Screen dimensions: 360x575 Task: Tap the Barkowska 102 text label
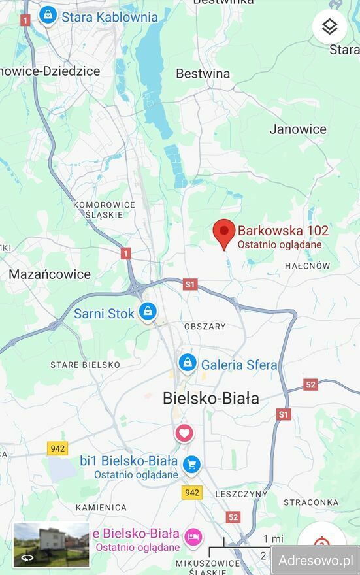(282, 231)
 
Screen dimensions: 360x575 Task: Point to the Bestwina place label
(203, 74)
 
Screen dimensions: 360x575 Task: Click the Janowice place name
(297, 129)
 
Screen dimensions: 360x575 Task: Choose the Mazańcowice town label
(49, 274)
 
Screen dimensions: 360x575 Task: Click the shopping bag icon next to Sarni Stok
(148, 312)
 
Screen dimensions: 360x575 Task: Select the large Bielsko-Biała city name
(210, 398)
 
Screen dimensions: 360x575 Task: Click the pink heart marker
(184, 433)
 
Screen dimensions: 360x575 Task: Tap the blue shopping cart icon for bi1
(191, 464)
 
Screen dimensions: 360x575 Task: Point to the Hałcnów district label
(307, 266)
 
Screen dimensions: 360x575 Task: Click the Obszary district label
(205, 327)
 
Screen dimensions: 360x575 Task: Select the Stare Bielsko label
(86, 365)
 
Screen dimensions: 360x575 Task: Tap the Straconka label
(310, 502)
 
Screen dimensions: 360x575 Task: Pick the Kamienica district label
(101, 507)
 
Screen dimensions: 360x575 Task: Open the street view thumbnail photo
(52, 544)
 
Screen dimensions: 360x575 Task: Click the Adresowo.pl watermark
(316, 560)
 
